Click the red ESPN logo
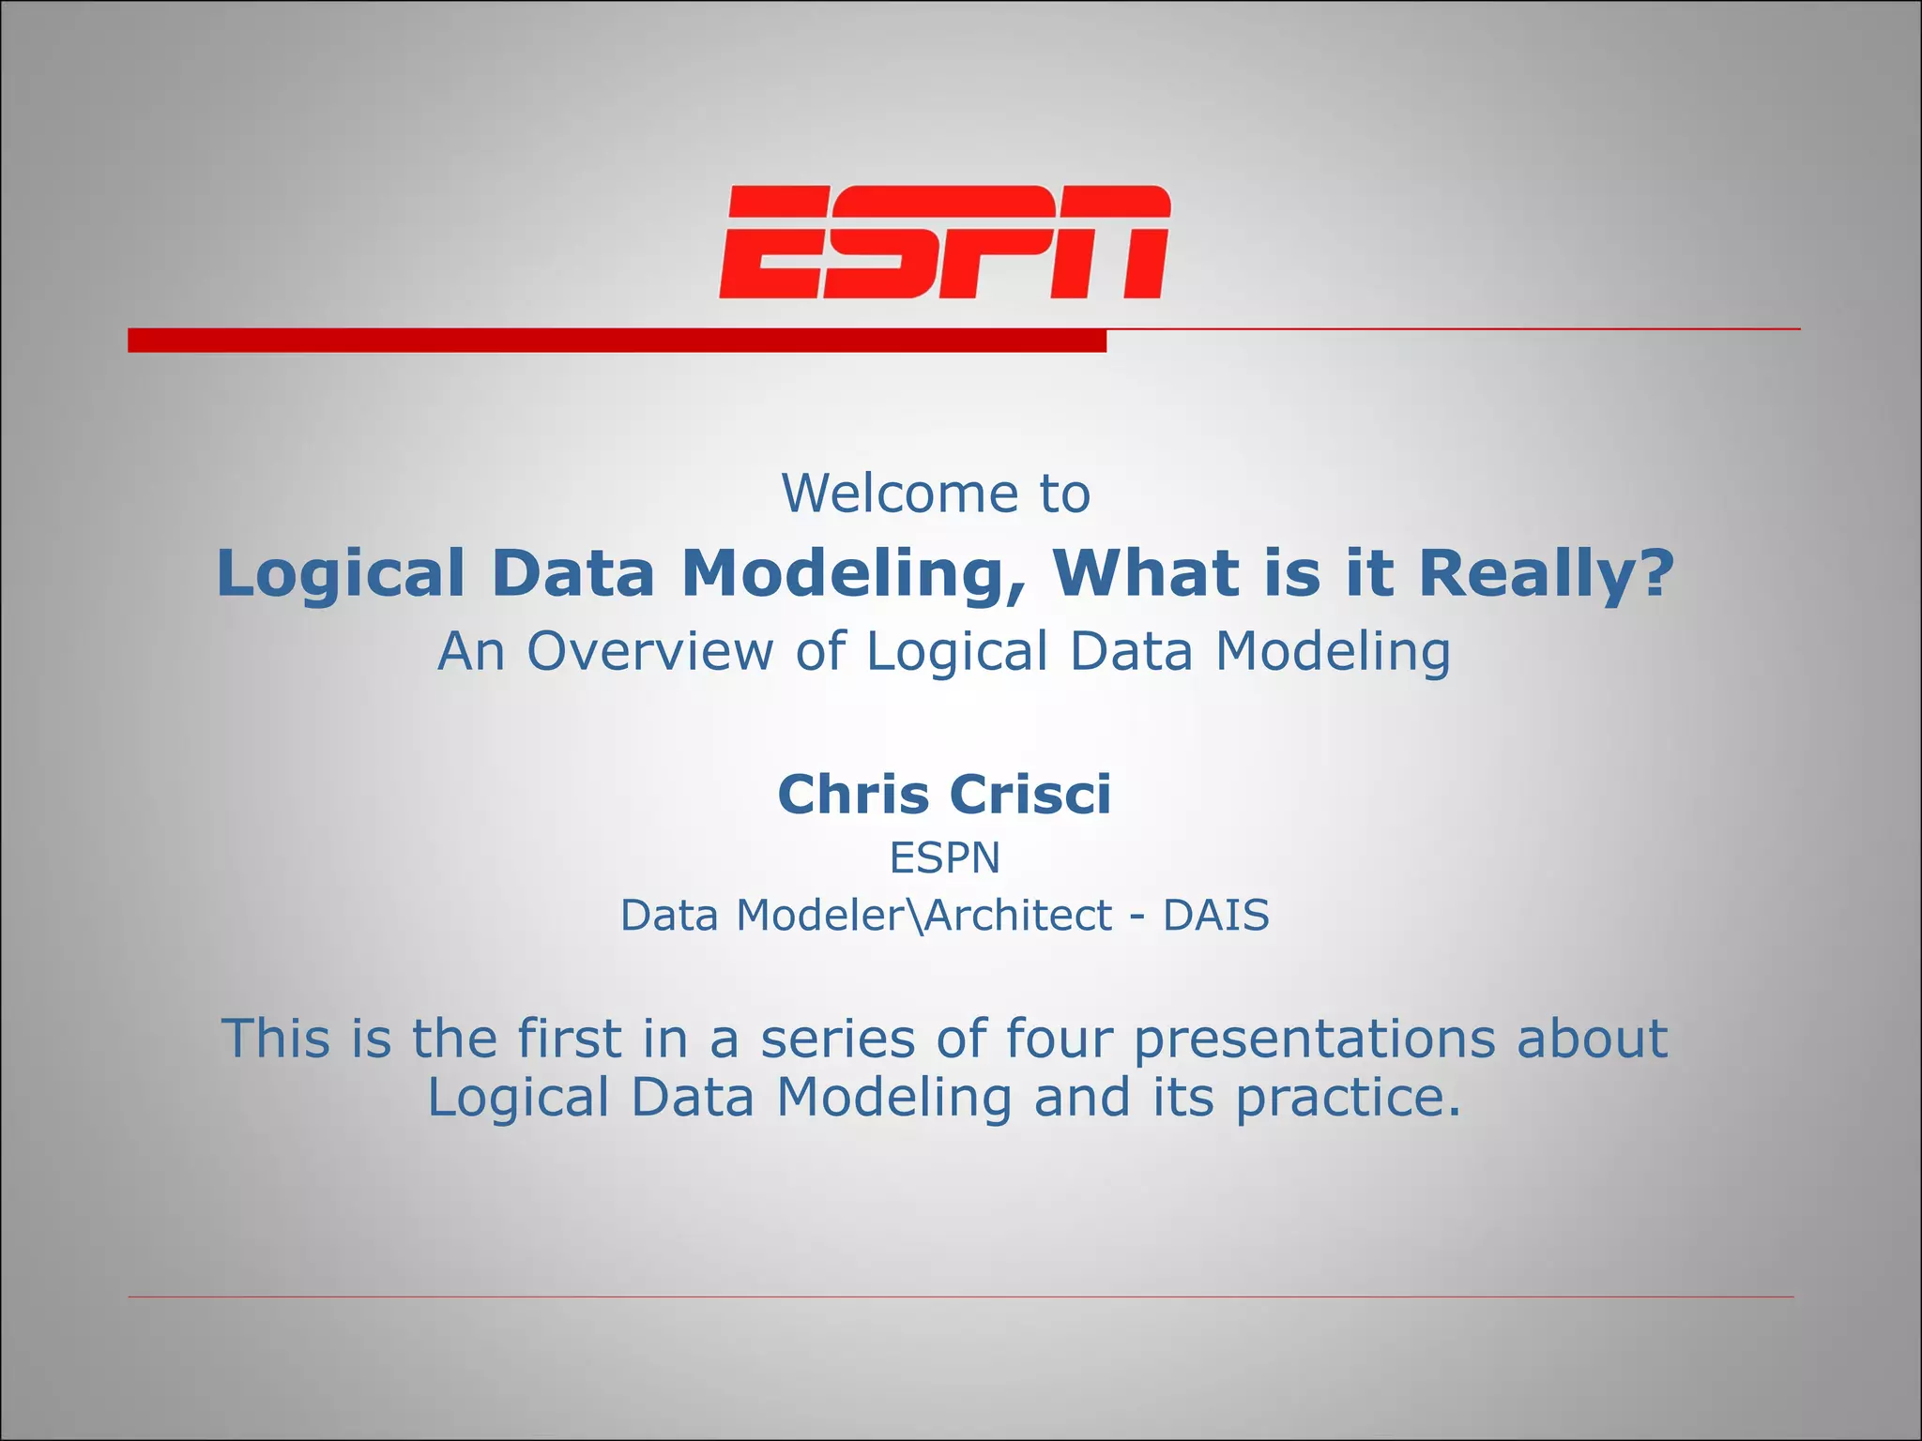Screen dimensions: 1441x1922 tap(945, 242)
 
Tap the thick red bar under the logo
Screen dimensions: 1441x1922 tap(617, 341)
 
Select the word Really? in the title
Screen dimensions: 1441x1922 tap(1546, 573)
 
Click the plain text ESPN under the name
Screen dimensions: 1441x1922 tap(945, 857)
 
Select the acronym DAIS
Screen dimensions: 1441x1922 tap(1216, 915)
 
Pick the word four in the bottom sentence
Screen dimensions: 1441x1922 tap(1058, 1039)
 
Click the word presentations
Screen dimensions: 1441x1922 tap(1314, 1039)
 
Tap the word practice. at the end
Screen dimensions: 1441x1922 tap(1349, 1099)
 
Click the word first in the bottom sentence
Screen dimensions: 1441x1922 tap(570, 1039)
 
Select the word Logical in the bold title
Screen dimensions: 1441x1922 tap(341, 573)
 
